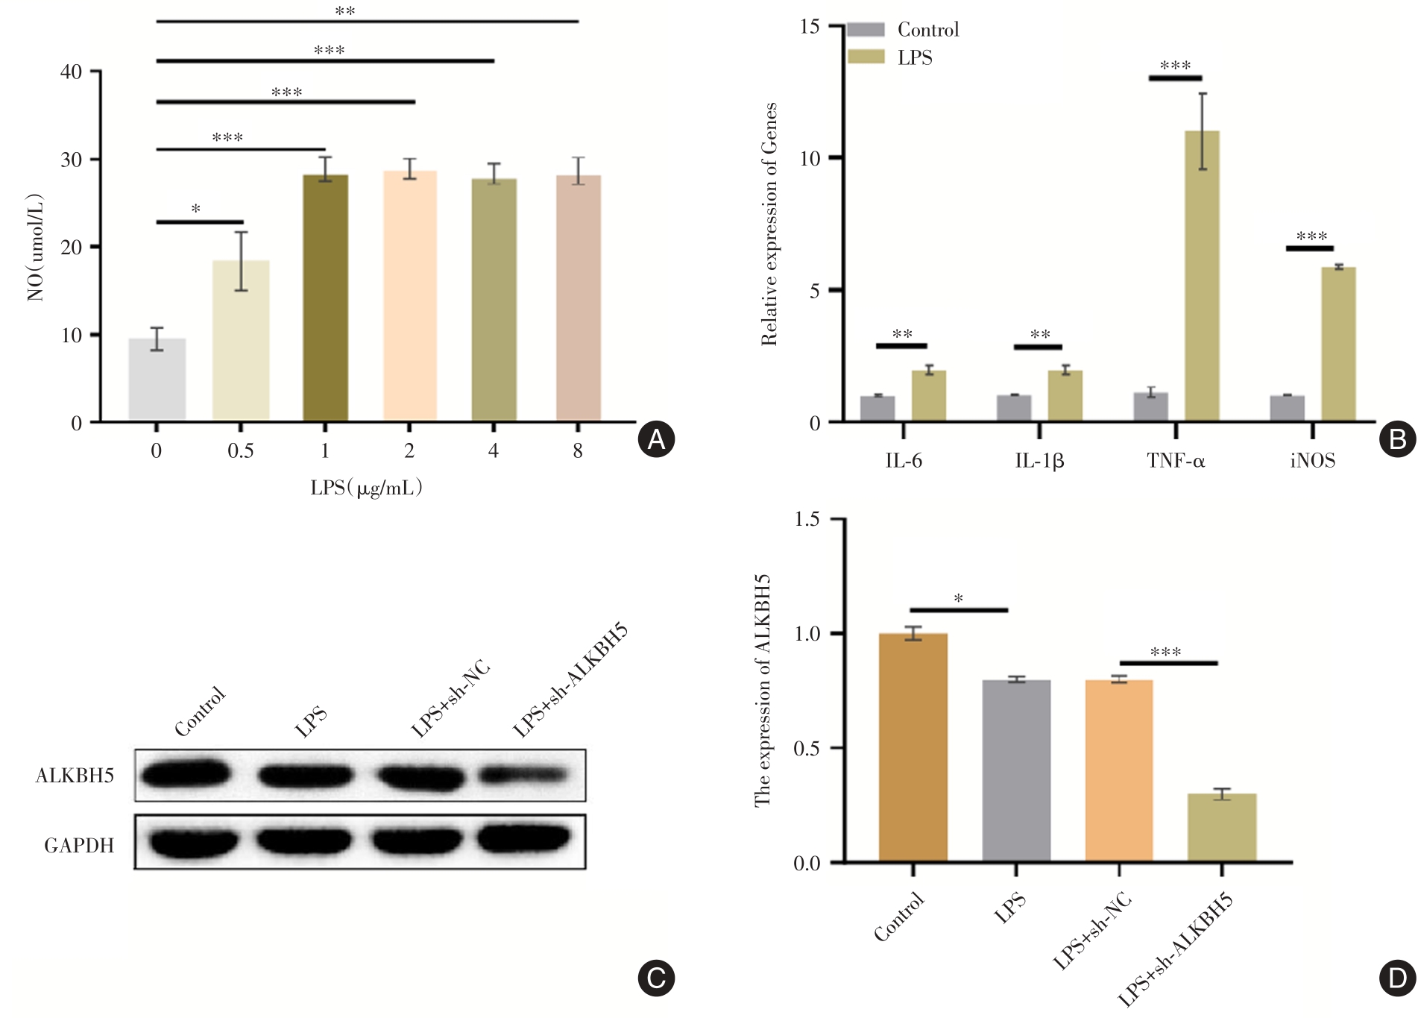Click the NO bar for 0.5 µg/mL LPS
[241, 341]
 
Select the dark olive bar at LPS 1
[325, 298]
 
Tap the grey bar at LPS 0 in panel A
[157, 380]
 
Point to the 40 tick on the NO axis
[72, 72]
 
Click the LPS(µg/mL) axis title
[366, 488]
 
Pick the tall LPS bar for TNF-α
[1202, 276]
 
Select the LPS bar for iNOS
[1338, 345]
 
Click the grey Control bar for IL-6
[877, 409]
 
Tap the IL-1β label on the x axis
[1039, 461]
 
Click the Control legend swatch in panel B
[866, 30]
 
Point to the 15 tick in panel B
[810, 27]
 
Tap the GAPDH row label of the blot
[79, 846]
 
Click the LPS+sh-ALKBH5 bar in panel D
[1222, 828]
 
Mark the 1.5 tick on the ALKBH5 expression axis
[807, 519]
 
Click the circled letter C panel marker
[656, 978]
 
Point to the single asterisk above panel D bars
[959, 599]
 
